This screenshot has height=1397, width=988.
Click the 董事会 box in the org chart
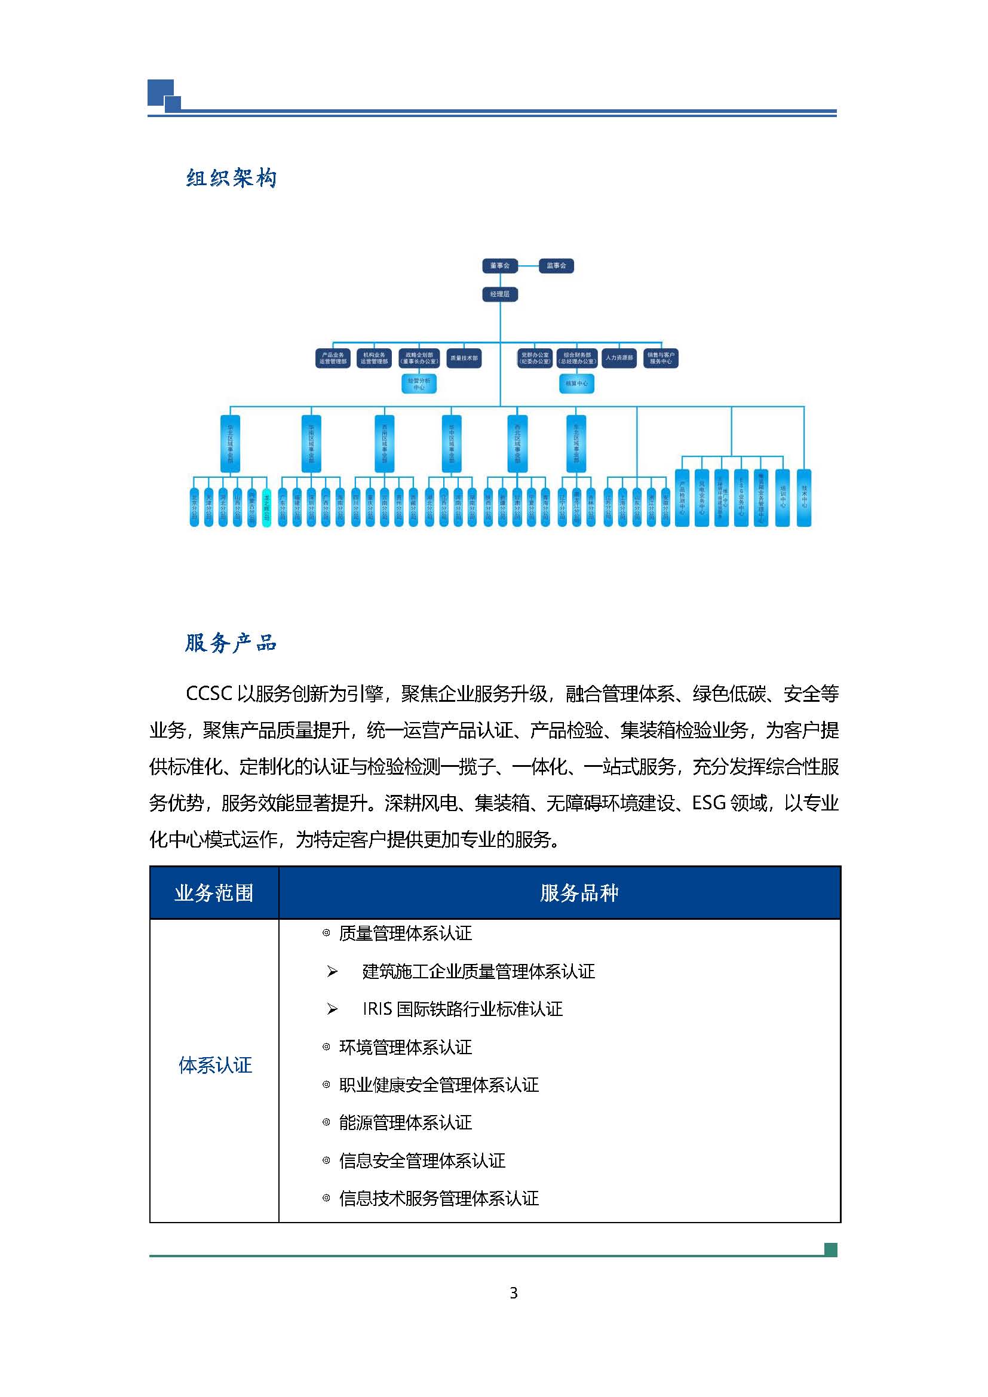point(499,266)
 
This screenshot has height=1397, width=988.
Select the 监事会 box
point(556,266)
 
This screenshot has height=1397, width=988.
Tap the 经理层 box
point(499,294)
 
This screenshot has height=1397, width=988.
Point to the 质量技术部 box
point(464,358)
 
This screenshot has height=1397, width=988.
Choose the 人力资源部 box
point(619,358)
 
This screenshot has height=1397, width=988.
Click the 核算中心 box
point(576,384)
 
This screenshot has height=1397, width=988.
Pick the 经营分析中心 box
point(419,384)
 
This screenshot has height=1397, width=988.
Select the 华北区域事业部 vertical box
point(230,444)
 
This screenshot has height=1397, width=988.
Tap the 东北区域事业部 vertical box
point(576,444)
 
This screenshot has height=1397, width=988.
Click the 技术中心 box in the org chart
point(804,497)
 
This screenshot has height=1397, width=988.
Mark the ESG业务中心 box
point(741,497)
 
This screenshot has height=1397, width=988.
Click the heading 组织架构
point(231,178)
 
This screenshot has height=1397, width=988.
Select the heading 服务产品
point(231,643)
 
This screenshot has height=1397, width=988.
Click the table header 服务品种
point(579,893)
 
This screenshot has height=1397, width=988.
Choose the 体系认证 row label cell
point(215,1065)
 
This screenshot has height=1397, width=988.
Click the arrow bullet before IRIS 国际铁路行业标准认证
point(332,1009)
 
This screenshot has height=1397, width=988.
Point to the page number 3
point(514,1293)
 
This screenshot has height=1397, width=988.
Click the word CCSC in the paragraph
point(208,693)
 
